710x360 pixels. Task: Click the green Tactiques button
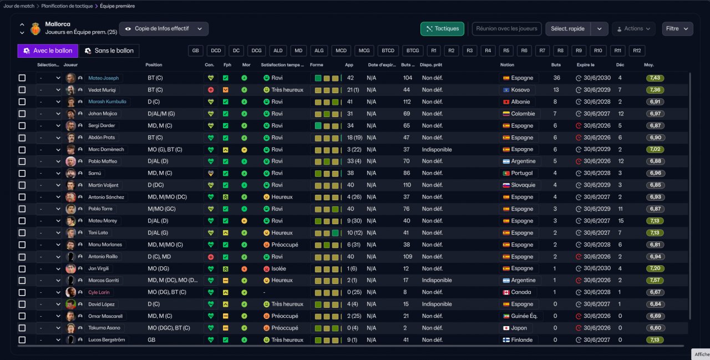click(x=442, y=29)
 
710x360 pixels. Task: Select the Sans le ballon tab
click(x=109, y=50)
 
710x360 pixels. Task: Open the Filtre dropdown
click(x=677, y=29)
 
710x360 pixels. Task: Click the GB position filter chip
click(x=196, y=50)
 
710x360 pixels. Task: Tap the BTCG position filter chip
click(x=412, y=50)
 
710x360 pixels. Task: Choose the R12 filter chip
click(x=637, y=50)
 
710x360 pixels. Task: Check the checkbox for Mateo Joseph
click(x=22, y=78)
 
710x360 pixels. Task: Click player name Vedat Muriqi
click(x=102, y=90)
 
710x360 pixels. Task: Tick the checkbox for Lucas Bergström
click(x=22, y=340)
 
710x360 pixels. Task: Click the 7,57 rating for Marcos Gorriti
click(x=655, y=281)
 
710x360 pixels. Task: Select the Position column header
click(x=154, y=65)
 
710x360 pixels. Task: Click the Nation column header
click(x=507, y=65)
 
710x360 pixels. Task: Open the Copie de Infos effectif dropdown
click(x=164, y=29)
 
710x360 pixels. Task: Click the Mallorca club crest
click(x=35, y=28)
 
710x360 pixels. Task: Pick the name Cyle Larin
click(x=99, y=292)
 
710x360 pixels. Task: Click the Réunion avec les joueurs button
click(x=506, y=29)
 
